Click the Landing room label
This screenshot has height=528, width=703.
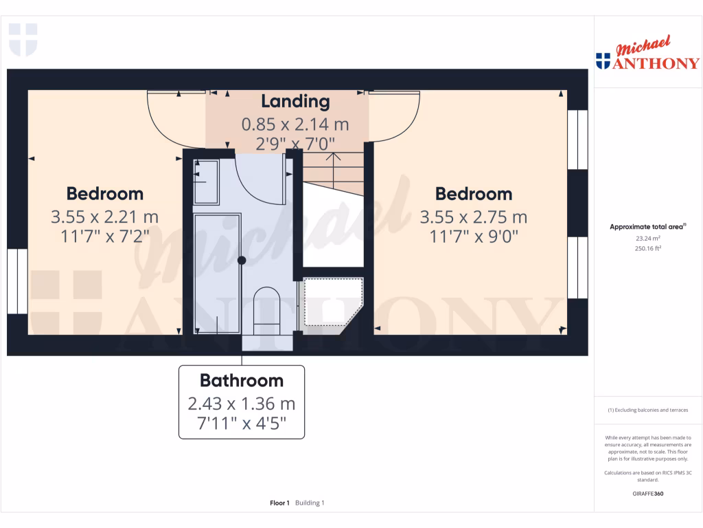[295, 102]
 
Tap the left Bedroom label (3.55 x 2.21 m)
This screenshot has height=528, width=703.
[104, 194]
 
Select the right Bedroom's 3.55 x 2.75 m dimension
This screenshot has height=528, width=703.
[473, 217]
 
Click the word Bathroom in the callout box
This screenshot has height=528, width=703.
[241, 380]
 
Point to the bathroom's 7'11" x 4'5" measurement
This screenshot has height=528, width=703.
[241, 425]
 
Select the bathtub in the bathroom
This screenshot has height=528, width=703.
[217, 273]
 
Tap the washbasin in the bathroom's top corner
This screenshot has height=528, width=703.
[205, 181]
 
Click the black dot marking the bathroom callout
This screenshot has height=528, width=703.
[241, 260]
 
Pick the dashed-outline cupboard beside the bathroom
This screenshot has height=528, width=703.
[332, 301]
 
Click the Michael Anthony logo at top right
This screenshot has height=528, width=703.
[647, 55]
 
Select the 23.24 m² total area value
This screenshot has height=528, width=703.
[647, 238]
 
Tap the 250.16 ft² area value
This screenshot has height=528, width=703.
[647, 250]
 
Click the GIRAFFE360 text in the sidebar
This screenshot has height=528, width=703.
[647, 494]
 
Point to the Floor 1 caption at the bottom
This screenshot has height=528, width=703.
[279, 503]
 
